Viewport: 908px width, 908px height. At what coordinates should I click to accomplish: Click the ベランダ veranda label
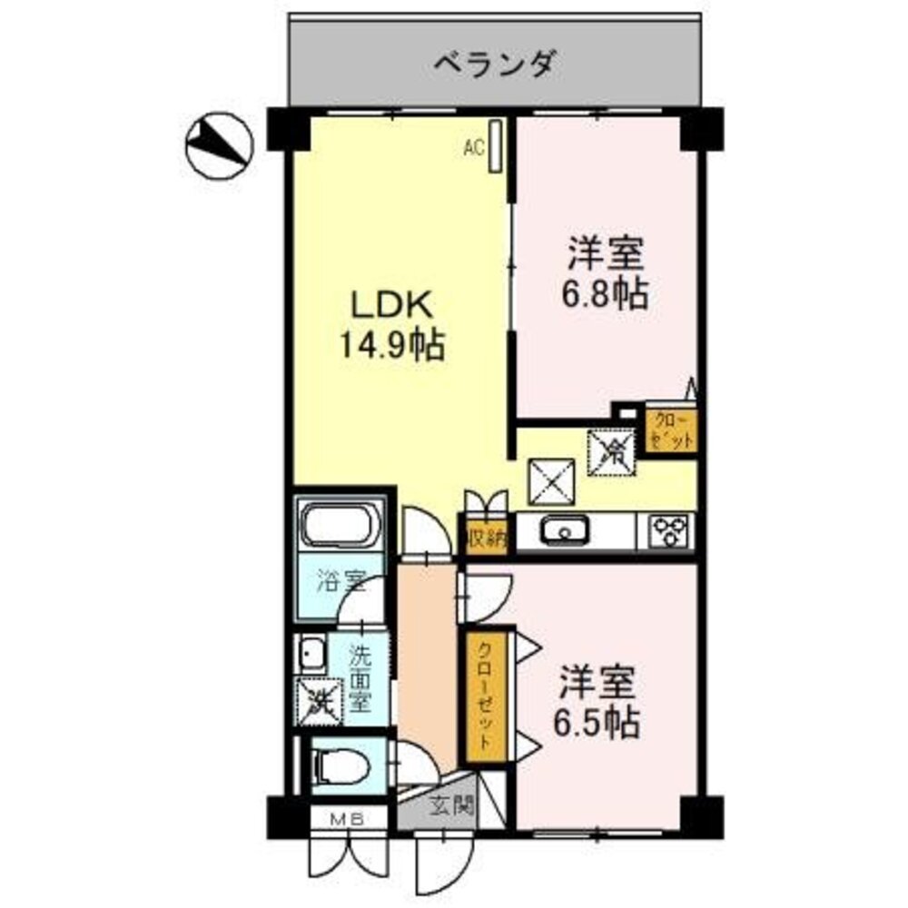(x=494, y=64)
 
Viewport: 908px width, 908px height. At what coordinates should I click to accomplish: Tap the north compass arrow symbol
(x=218, y=143)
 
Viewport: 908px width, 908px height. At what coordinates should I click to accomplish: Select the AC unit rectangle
(x=495, y=145)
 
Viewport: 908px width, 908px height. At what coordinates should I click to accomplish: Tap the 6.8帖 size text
(x=607, y=294)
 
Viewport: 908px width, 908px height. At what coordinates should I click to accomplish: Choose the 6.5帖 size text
(x=597, y=723)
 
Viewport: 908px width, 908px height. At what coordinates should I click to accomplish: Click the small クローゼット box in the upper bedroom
(x=671, y=431)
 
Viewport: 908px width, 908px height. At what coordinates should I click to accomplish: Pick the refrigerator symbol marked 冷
(x=614, y=449)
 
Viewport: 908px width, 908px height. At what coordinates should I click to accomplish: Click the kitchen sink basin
(x=564, y=531)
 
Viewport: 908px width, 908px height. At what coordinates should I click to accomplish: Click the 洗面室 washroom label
(x=360, y=677)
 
